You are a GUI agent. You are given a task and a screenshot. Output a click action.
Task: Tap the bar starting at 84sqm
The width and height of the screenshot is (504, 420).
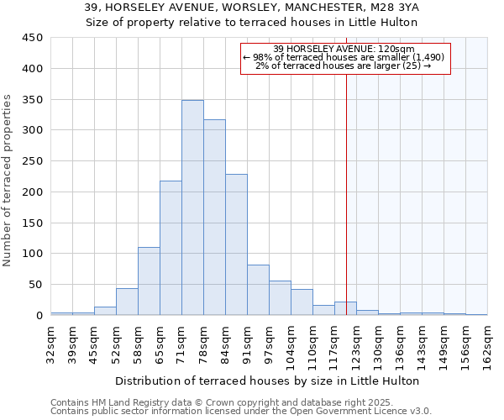(x=236, y=244)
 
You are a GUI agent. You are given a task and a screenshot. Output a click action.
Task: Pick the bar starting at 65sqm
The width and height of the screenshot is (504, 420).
(x=171, y=248)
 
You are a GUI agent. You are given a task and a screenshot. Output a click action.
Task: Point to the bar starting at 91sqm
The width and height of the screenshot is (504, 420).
(x=258, y=290)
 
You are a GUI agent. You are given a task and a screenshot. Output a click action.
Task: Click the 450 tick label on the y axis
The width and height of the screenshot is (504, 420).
(x=31, y=38)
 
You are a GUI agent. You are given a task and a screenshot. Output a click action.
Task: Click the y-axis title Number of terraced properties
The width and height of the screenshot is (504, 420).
(x=8, y=181)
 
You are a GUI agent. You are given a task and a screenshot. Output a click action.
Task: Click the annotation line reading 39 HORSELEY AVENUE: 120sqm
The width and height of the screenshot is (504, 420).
(x=345, y=50)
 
